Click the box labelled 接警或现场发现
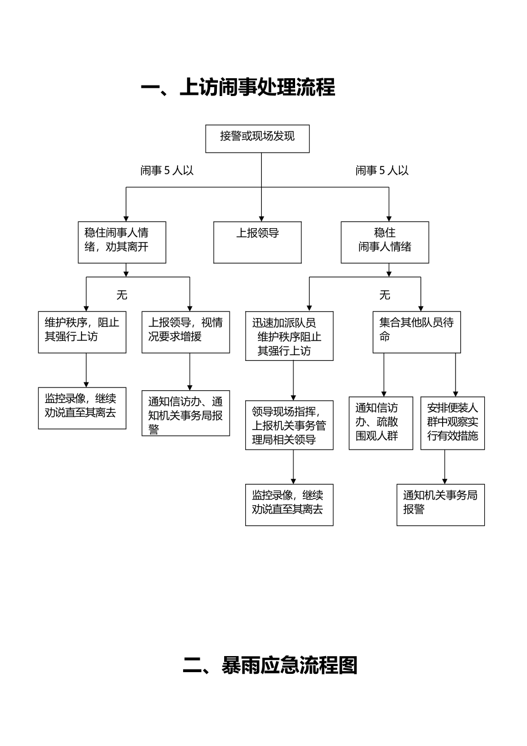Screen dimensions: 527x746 click(x=257, y=139)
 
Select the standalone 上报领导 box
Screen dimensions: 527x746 click(x=257, y=243)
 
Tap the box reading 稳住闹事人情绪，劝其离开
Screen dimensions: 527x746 click(x=122, y=243)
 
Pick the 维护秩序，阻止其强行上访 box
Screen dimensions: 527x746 click(x=82, y=332)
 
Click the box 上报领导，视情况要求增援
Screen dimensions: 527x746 click(x=186, y=332)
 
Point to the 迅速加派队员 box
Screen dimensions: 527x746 click(x=290, y=336)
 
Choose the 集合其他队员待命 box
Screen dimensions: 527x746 click(x=417, y=332)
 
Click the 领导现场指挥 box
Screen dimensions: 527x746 click(x=290, y=425)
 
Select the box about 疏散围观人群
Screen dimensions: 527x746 click(x=381, y=424)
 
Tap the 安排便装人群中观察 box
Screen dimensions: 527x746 click(x=453, y=424)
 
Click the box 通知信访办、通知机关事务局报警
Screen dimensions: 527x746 click(x=186, y=414)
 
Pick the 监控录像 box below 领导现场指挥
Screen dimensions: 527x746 click(x=290, y=505)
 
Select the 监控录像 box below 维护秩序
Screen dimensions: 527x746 click(x=82, y=409)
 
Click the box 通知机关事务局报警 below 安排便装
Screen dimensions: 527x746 click(x=441, y=505)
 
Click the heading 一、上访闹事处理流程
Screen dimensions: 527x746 click(x=238, y=87)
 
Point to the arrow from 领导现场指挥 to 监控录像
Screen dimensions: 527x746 click(x=293, y=467)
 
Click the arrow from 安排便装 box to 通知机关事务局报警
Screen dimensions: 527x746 click(x=444, y=467)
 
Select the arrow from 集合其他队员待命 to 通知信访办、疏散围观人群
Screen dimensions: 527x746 click(x=384, y=375)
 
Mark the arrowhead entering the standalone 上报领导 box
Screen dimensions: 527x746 click(x=261, y=219)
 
